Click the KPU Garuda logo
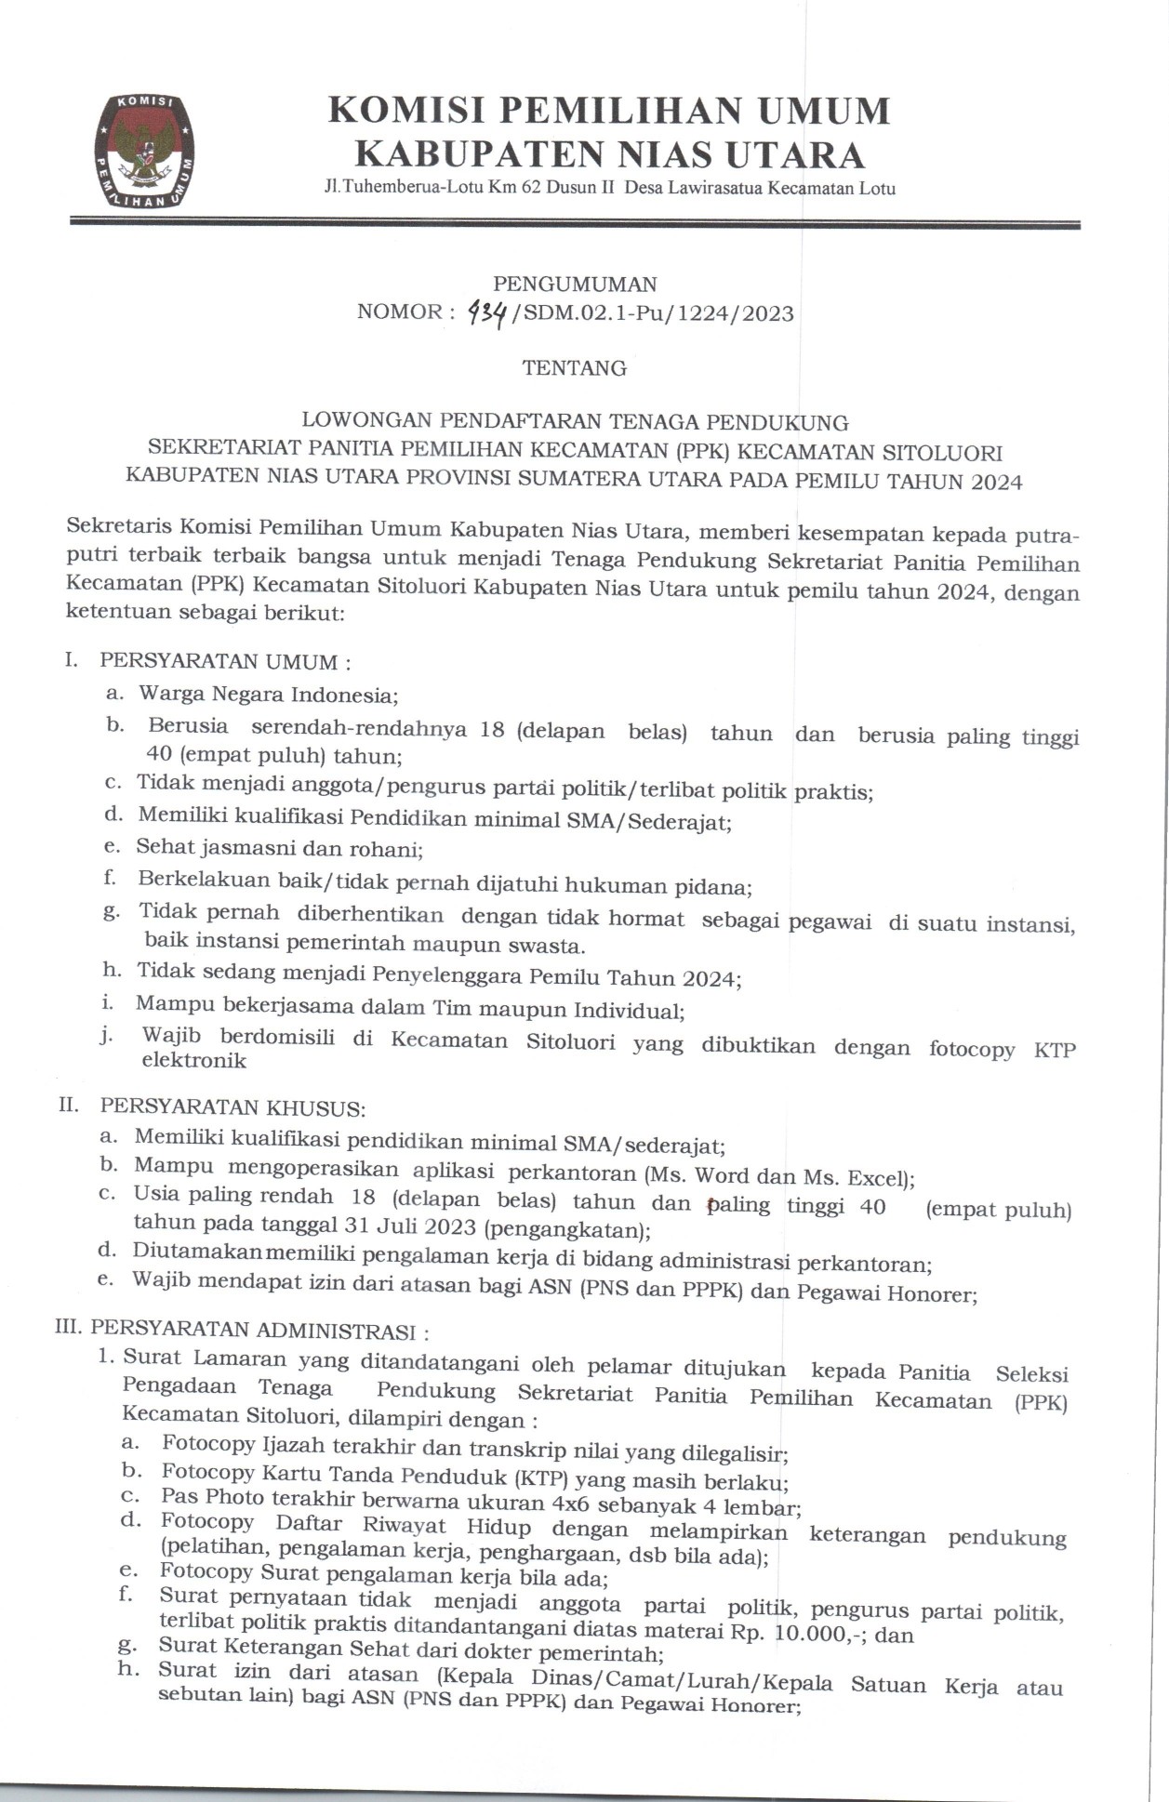click(x=144, y=150)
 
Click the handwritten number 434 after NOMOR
click(x=486, y=314)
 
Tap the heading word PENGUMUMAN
click(x=575, y=284)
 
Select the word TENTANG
click(x=574, y=368)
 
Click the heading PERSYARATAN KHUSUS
click(x=232, y=1107)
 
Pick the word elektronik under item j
click(x=193, y=1061)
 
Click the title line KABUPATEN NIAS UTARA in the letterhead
click(x=610, y=154)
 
